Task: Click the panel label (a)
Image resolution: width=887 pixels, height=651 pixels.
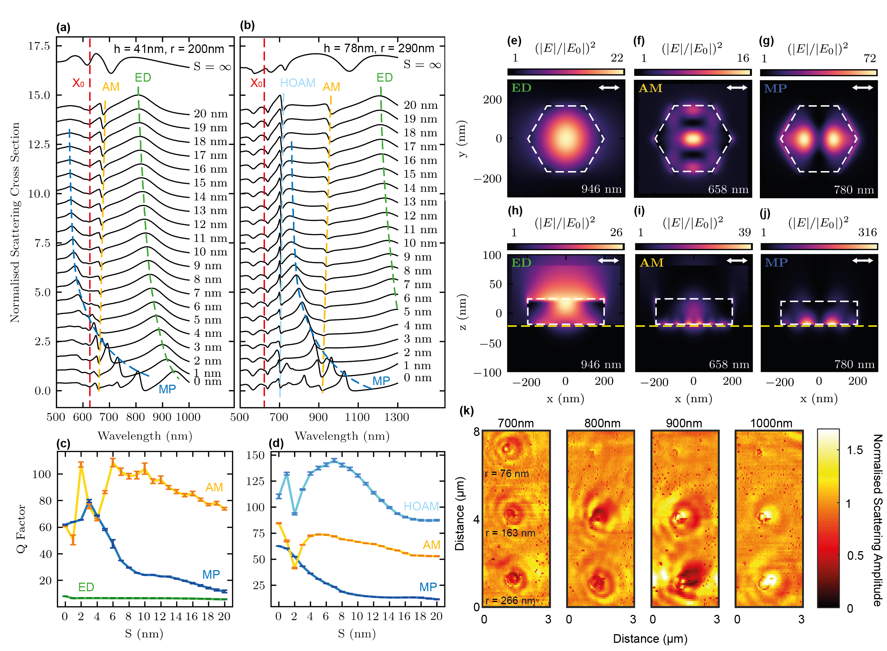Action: pos(63,28)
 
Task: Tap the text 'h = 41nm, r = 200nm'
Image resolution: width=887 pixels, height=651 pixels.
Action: pos(169,49)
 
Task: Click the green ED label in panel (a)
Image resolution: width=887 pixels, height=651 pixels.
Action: pos(143,78)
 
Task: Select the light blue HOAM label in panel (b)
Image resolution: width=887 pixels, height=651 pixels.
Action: pos(297,83)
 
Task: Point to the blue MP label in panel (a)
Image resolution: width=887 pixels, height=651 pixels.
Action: pos(167,389)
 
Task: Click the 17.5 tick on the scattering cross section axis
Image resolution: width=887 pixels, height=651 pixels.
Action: pos(39,46)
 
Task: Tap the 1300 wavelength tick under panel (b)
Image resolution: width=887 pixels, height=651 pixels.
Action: pos(396,417)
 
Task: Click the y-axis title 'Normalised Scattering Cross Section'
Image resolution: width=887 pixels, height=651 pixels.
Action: pos(15,223)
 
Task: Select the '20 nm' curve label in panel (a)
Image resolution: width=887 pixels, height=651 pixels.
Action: pos(211,114)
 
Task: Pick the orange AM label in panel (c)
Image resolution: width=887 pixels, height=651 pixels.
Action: pos(214,487)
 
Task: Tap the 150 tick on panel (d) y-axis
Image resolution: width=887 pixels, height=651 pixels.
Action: pos(255,456)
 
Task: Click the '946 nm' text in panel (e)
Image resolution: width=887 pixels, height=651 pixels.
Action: pos(601,189)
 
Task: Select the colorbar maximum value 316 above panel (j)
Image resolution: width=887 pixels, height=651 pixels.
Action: pos(867,232)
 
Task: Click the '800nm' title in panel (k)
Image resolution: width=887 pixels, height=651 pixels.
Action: pos(602,423)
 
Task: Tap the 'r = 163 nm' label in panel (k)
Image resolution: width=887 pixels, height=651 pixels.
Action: pos(510,533)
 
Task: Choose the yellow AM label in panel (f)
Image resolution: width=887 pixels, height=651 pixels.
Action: pos(650,88)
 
